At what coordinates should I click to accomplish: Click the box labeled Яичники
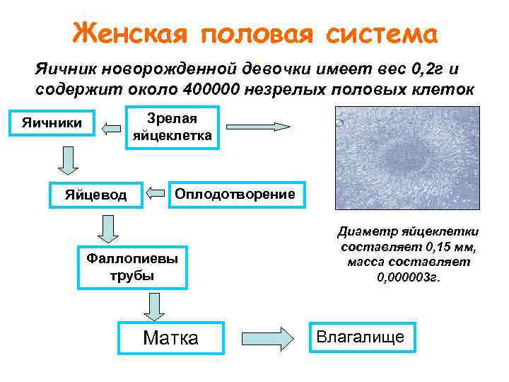(x=51, y=125)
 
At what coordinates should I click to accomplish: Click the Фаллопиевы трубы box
(x=134, y=267)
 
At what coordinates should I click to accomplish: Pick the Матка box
(x=171, y=338)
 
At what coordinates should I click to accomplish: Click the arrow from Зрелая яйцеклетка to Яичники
(x=111, y=128)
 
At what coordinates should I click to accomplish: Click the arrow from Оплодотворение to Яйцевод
(x=156, y=192)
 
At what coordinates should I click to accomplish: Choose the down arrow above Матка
(x=153, y=306)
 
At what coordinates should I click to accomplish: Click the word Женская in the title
(x=127, y=33)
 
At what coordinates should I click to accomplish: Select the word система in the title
(x=382, y=33)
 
